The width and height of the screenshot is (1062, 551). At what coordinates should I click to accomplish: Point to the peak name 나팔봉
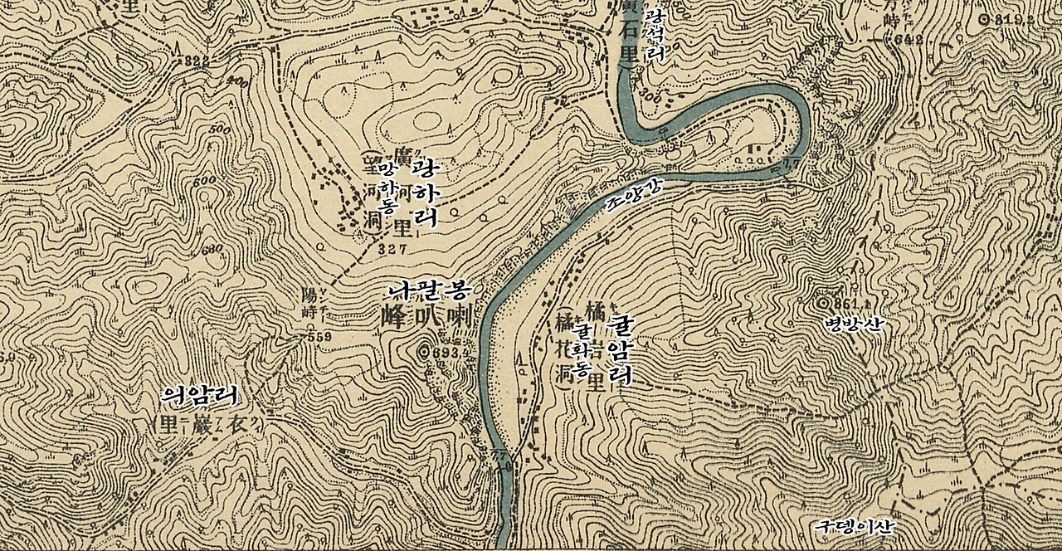click(x=430, y=291)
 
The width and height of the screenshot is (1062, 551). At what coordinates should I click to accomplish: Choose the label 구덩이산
click(x=855, y=526)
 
